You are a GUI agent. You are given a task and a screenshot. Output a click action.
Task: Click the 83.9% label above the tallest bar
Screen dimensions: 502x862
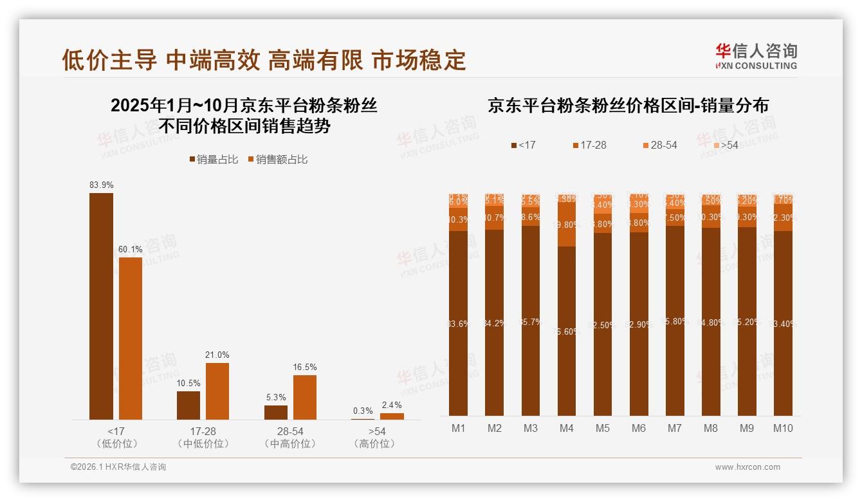tap(102, 185)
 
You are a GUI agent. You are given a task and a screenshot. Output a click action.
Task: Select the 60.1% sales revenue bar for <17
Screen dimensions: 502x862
tap(131, 338)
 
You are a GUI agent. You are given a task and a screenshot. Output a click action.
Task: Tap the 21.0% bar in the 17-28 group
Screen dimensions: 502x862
tap(217, 391)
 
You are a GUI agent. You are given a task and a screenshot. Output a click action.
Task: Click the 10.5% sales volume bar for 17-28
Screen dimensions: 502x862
tap(188, 405)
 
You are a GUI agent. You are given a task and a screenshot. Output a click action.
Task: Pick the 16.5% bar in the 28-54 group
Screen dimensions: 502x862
tap(305, 397)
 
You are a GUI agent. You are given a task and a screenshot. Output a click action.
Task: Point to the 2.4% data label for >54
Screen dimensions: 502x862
tap(391, 405)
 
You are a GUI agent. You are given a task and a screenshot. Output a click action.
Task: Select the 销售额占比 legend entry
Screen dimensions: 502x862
tap(277, 160)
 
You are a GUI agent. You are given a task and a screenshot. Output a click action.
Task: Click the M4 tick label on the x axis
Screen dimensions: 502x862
tap(567, 429)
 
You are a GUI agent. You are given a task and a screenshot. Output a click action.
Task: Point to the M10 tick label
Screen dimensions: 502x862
tap(783, 429)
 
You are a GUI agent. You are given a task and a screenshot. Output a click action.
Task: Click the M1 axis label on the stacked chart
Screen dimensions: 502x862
tap(459, 429)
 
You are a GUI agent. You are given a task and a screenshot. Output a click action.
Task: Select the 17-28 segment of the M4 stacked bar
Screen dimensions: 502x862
tap(567, 224)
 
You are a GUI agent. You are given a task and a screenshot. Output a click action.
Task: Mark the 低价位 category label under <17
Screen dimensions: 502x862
tap(116, 443)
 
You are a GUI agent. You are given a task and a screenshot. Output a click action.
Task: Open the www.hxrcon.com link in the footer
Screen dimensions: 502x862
tap(747, 467)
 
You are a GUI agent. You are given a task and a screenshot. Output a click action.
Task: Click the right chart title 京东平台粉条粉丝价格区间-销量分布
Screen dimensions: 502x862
tap(628, 106)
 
